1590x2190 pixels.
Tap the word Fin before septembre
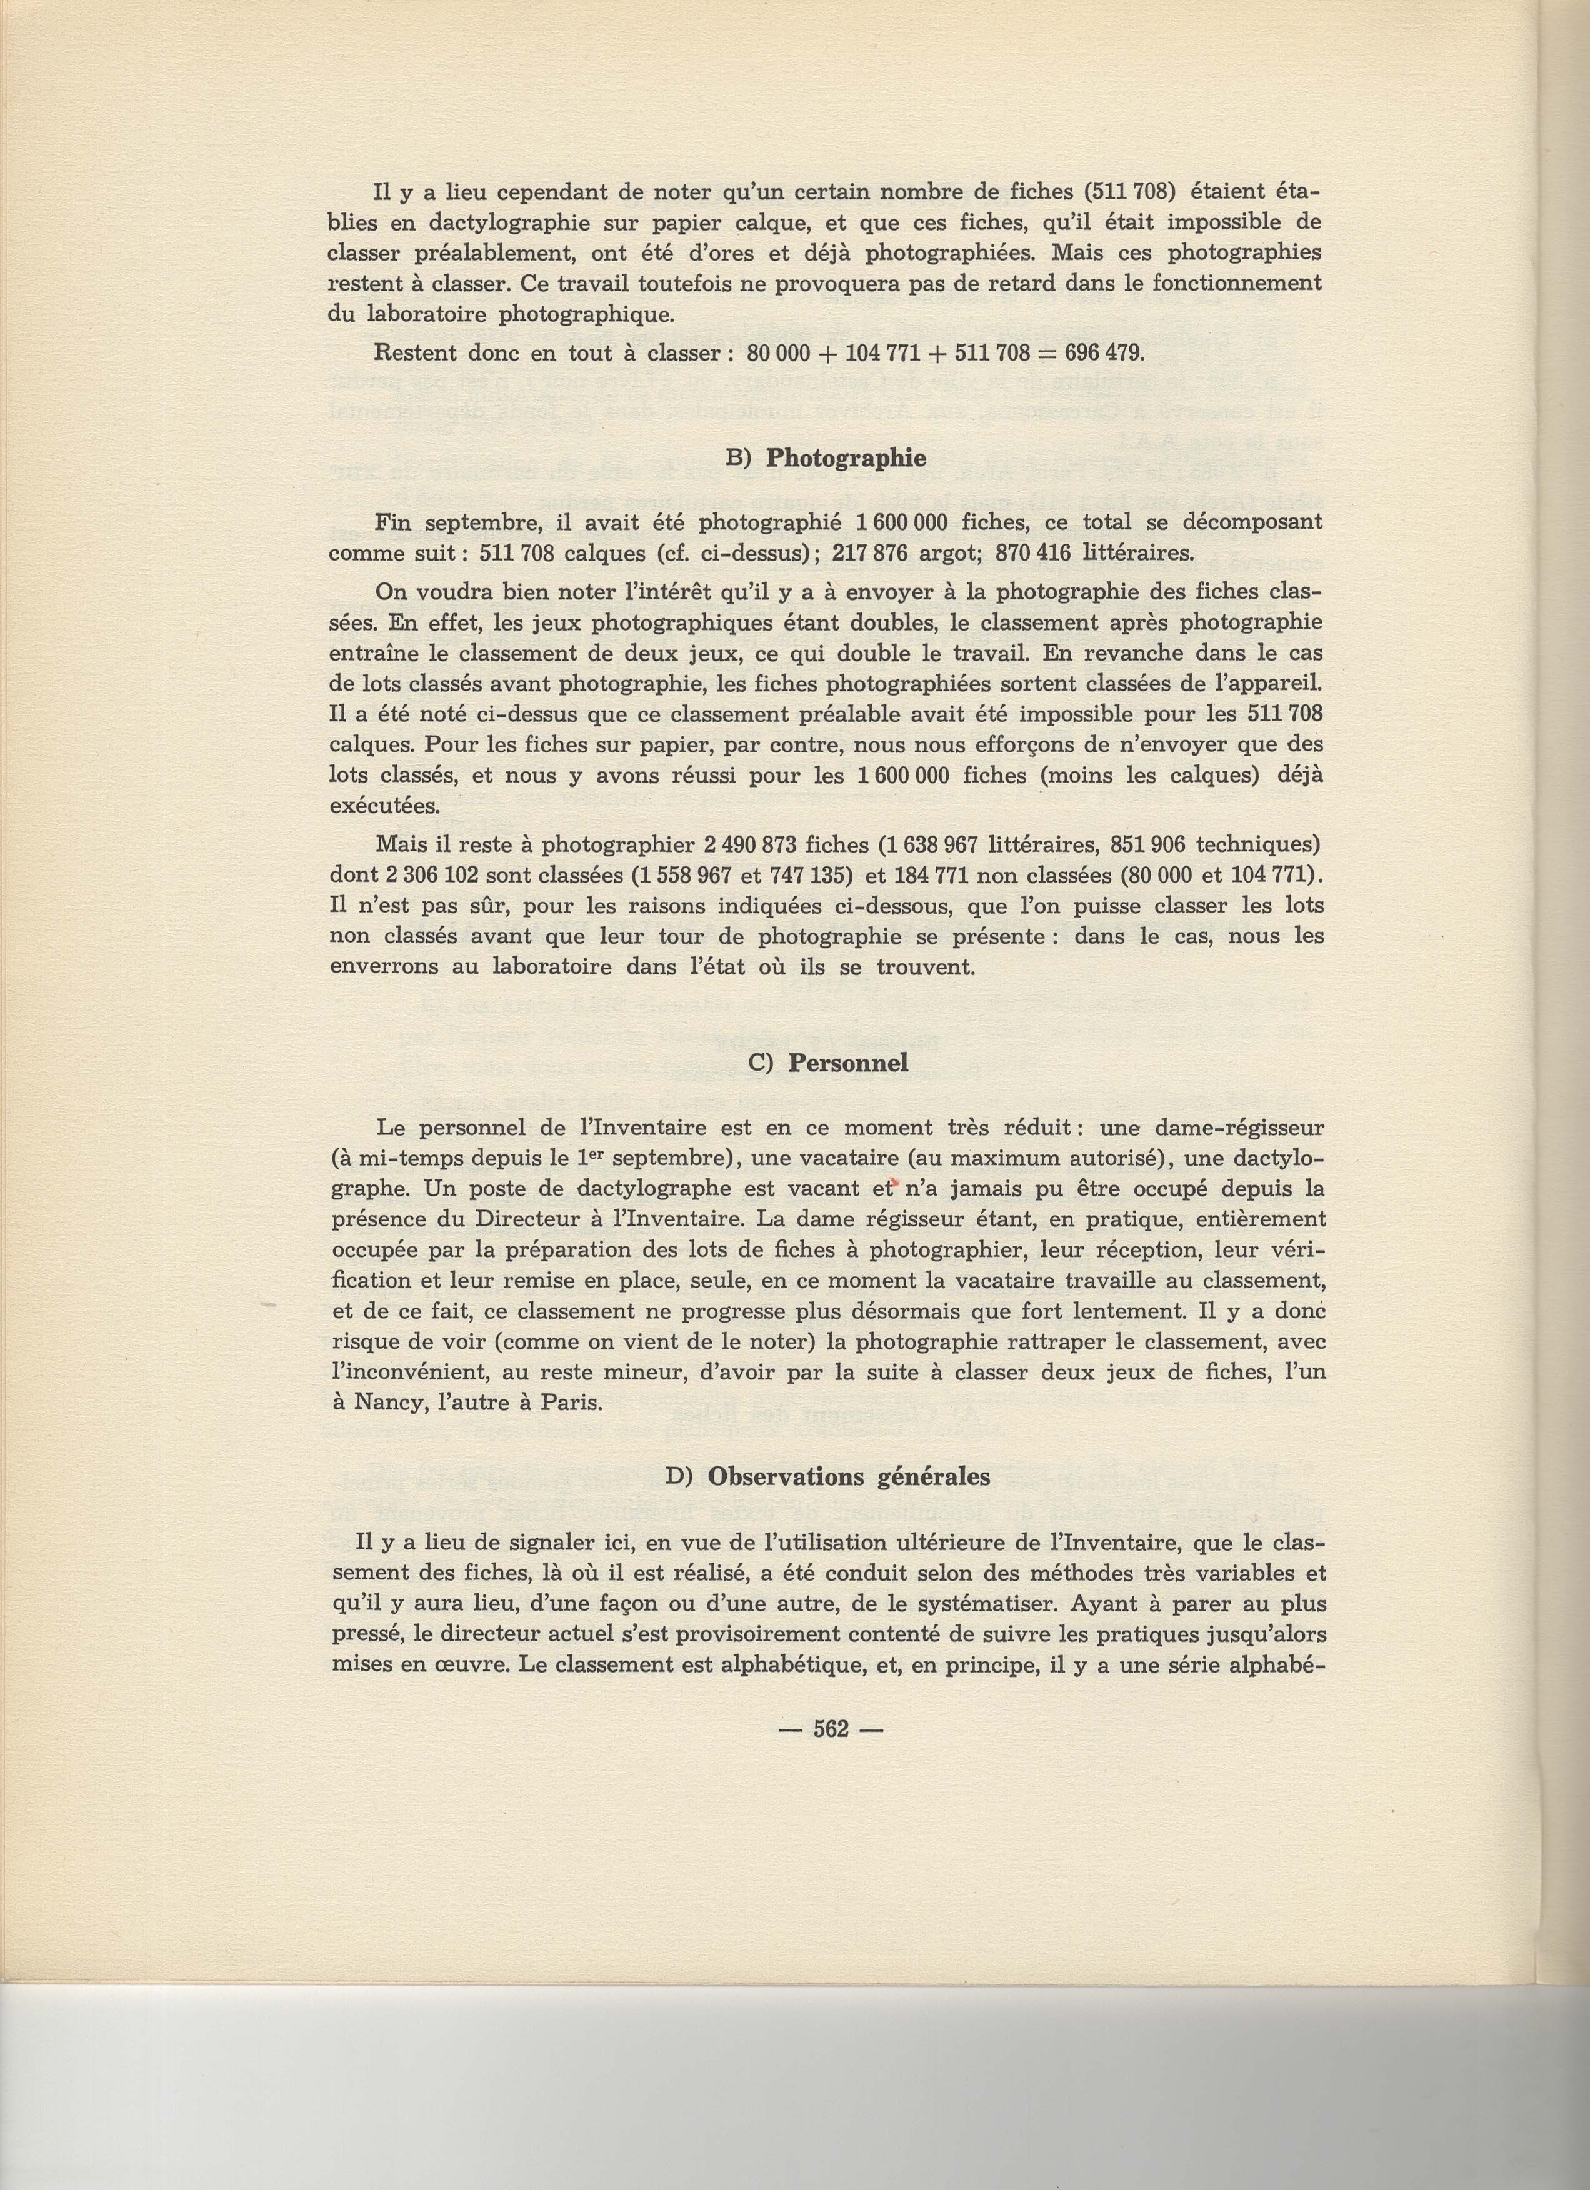[395, 522]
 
